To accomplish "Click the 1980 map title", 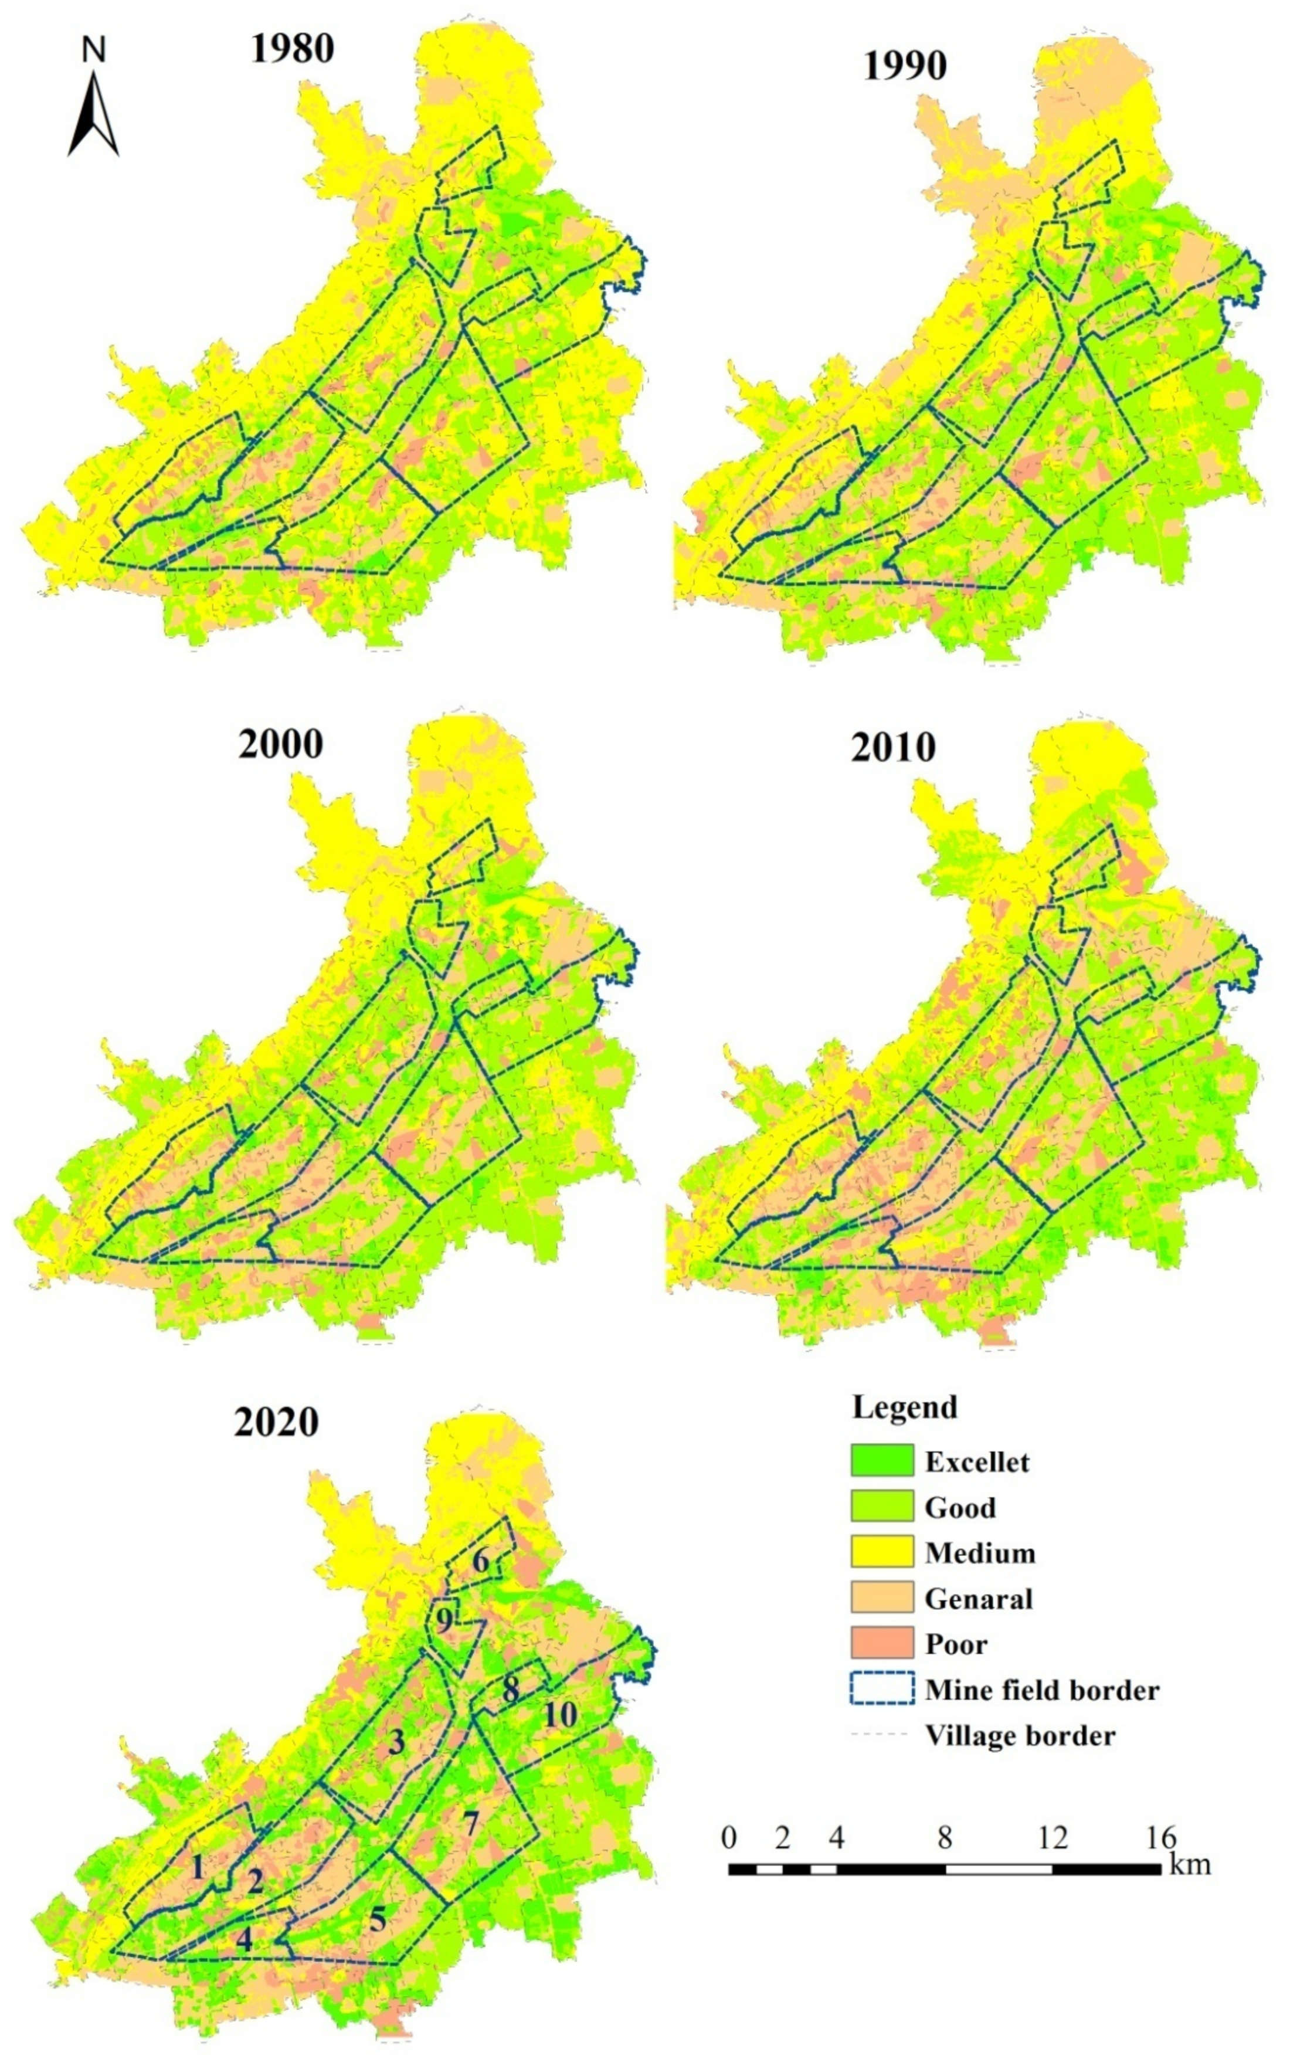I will coord(292,49).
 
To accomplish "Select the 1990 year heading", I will coord(905,66).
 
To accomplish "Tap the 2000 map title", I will coord(281,744).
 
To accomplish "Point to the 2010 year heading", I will coord(893,748).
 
